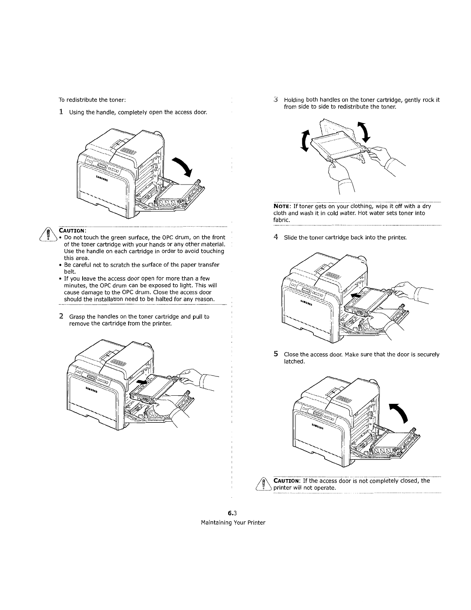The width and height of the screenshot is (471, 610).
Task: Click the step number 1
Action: [x=61, y=112]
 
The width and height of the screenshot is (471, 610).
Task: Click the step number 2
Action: [x=61, y=317]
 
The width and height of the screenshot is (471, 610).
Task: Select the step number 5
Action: [x=276, y=354]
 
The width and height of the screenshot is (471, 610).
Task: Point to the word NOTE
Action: [x=282, y=206]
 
